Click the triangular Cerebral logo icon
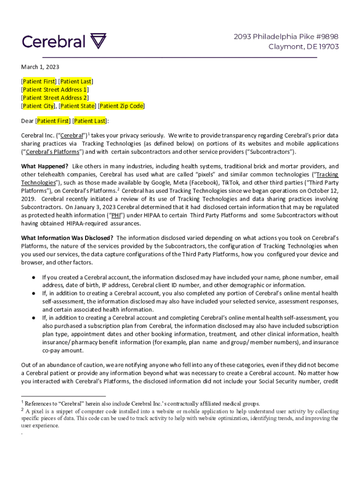98,41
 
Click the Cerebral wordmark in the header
54,42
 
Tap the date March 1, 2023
40,67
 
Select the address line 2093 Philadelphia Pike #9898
286,36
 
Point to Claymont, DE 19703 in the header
303,46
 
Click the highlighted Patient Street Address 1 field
55,89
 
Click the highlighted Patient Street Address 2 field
55,98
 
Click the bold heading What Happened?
45,166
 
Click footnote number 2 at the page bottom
22,409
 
